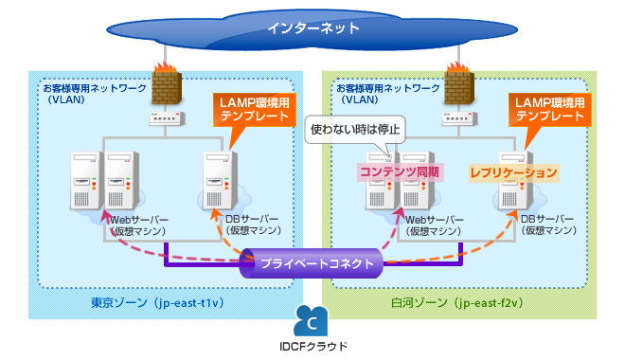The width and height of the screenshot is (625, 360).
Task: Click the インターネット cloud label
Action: coord(313,27)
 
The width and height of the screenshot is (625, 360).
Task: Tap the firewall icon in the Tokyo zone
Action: coord(166,84)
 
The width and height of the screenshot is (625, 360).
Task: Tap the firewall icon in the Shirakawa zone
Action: coord(459,84)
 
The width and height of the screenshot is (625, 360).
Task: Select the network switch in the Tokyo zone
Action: coord(166,119)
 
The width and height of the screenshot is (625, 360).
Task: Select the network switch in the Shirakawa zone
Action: coord(459,119)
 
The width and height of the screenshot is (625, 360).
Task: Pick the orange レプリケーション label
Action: coord(514,173)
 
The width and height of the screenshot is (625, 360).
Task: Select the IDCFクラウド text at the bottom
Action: coord(313,347)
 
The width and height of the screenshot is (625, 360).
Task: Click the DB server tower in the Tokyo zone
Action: coord(219,180)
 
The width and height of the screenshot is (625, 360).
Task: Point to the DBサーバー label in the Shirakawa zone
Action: coord(548,219)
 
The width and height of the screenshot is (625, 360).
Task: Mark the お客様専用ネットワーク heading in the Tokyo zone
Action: coord(95,87)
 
